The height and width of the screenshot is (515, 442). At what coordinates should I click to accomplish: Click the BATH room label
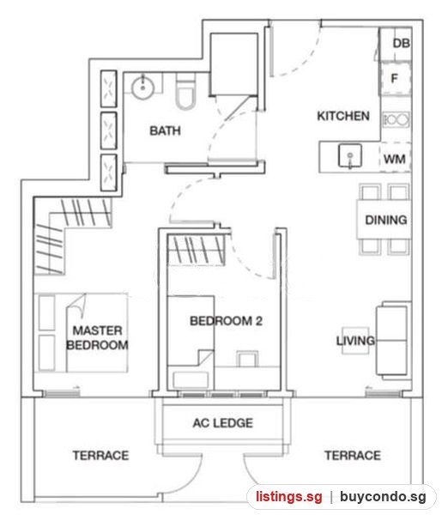coord(165,130)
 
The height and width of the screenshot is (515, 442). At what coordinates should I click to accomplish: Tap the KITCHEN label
coord(343,116)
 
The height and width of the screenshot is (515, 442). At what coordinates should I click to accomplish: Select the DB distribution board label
coord(402,43)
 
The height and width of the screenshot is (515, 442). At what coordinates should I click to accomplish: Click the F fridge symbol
coord(395,78)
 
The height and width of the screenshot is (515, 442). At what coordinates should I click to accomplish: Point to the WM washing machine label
coord(395,160)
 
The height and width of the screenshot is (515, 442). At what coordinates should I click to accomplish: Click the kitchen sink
coord(350,155)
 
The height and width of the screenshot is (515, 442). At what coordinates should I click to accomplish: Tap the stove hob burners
coord(397,119)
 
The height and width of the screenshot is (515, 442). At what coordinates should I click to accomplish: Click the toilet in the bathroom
coord(185,91)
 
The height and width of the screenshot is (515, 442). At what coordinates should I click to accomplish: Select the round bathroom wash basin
coord(142,88)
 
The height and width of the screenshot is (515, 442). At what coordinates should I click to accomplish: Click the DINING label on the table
coord(386,220)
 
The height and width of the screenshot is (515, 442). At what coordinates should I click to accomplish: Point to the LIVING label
coord(355,341)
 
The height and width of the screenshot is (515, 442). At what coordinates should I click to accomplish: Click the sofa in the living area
coord(393,341)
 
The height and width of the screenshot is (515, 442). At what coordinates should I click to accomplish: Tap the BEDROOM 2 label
coord(226,321)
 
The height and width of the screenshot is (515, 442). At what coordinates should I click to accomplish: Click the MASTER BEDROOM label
coord(97,337)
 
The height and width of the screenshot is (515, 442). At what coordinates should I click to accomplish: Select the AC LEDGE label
coord(222,423)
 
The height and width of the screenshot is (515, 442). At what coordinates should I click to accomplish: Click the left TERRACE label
coord(100,456)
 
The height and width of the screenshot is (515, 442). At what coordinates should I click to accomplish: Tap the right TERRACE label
coord(353,456)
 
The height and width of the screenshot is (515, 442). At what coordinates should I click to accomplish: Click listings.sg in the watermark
coord(289,497)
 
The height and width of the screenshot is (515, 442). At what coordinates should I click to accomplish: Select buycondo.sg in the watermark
coord(383,497)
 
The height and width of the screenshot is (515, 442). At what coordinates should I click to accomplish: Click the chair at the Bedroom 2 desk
coord(247,359)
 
